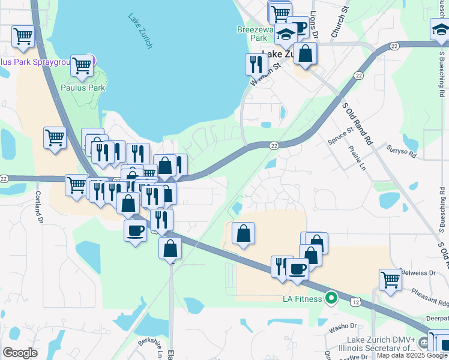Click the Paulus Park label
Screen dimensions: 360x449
coord(83,88)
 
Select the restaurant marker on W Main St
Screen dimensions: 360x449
coord(256,64)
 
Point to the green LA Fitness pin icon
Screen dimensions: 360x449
coord(330,298)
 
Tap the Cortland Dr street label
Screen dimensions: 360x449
coord(38,207)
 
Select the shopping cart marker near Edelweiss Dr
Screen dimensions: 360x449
coord(390,280)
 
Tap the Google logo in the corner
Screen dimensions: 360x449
coord(20,352)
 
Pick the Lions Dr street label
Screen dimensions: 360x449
coord(315,23)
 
